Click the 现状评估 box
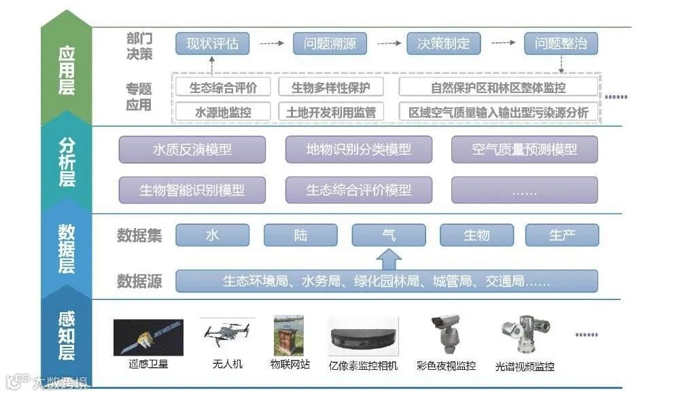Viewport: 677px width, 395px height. (212, 44)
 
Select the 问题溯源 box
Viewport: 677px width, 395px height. (330, 44)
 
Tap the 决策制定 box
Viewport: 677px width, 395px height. (443, 44)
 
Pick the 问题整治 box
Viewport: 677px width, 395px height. (561, 44)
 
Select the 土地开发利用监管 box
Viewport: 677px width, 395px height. (331, 112)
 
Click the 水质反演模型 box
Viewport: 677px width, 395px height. (192, 149)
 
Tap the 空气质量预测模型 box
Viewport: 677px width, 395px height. (524, 149)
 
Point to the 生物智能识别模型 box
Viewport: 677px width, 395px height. (192, 190)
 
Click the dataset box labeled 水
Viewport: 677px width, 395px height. (212, 235)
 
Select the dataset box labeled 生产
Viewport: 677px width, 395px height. (562, 235)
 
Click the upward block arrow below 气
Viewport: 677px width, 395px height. (388, 258)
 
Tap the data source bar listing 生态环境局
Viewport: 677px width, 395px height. (387, 281)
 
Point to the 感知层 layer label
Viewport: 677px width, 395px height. (66, 336)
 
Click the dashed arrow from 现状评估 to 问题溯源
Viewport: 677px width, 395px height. (271, 44)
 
